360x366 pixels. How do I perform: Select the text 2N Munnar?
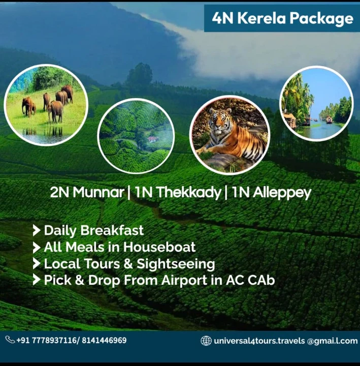pos(87,193)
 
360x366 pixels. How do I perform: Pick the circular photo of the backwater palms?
pos(316,104)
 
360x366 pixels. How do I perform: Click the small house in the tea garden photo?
pos(152,139)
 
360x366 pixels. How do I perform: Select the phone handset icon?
pos(10,340)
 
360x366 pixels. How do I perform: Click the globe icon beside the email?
pos(206,341)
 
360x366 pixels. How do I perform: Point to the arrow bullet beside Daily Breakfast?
pos(37,231)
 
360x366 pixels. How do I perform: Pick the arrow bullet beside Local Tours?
pos(37,264)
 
